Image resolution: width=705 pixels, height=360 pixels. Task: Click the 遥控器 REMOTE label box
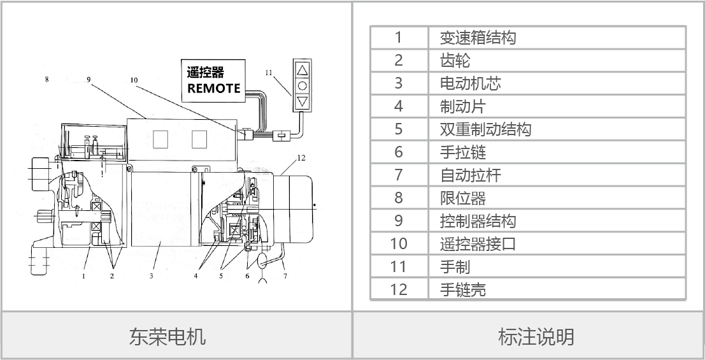coord(213,79)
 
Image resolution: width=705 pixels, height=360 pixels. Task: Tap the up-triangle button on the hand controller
coord(302,69)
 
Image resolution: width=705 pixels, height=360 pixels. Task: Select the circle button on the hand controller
coord(302,85)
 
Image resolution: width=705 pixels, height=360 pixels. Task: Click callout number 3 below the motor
coord(152,276)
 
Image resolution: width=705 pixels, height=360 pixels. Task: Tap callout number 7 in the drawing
coord(285,276)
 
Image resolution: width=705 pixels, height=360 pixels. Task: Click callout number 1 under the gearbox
coord(83,276)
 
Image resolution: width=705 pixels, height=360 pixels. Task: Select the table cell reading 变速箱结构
coord(478,38)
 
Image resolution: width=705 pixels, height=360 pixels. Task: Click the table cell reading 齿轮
coord(455,61)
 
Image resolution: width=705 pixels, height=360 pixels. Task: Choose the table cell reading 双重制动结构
coord(485,129)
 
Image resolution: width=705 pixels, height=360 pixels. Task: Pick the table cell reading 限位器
coord(462,198)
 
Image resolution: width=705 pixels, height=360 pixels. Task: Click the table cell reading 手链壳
coord(462,289)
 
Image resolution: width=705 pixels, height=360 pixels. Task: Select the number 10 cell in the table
coord(399,243)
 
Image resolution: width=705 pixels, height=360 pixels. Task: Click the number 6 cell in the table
coord(399,152)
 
